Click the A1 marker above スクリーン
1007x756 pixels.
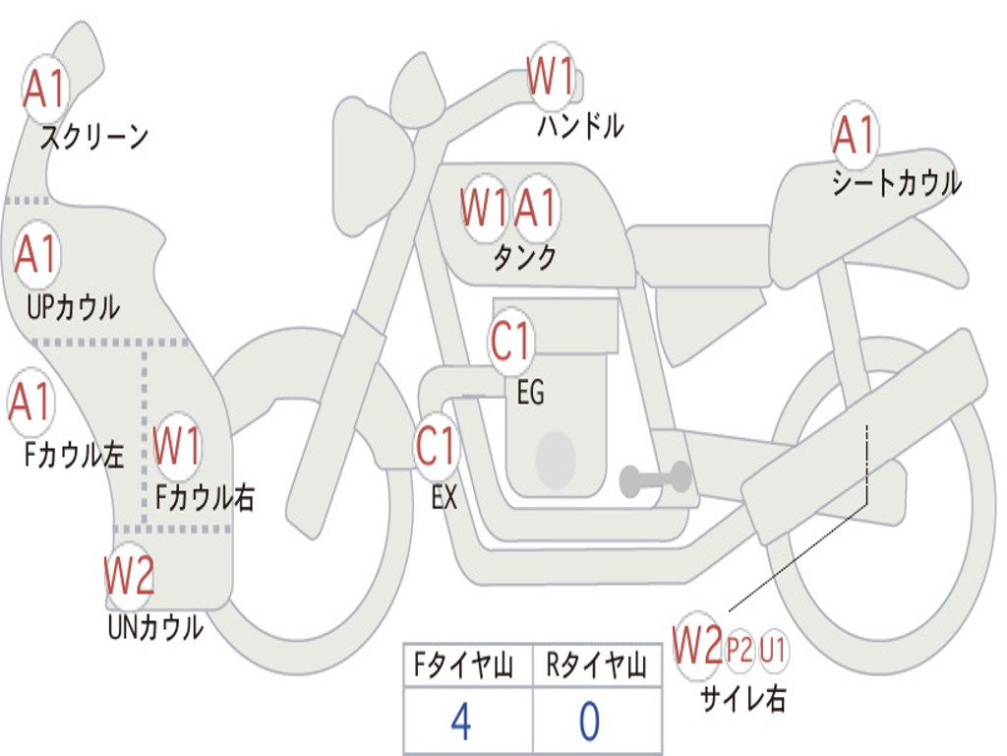(45, 90)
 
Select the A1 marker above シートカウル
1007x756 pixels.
(854, 136)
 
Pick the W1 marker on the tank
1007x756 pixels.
(485, 208)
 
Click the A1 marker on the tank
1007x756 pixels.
(536, 208)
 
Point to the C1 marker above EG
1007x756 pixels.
(511, 342)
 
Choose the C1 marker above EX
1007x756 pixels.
(437, 446)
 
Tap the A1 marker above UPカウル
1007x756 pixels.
(37, 255)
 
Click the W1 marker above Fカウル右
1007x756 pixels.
(178, 446)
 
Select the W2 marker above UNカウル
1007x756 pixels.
(130, 577)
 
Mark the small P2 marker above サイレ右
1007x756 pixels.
(740, 650)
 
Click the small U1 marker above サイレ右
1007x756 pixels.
(773, 650)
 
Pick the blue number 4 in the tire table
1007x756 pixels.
(459, 722)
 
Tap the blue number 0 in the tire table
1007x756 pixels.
(589, 722)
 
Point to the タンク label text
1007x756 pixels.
(524, 258)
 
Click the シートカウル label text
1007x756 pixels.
(896, 183)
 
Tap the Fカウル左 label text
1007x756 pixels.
(75, 455)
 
